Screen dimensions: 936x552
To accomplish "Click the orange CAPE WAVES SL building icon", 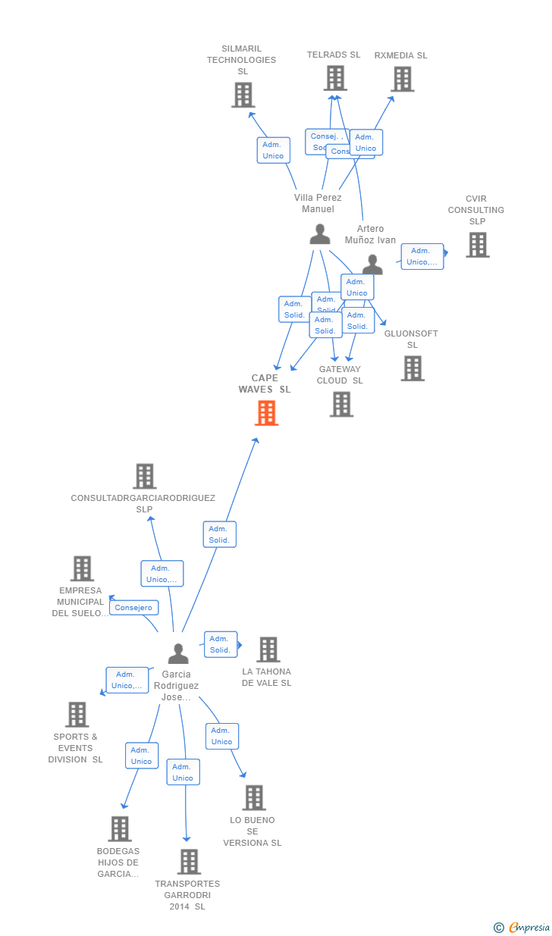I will (x=266, y=413).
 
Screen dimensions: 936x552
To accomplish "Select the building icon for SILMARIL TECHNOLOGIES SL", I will (x=243, y=95).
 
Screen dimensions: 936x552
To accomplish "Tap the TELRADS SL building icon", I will (x=335, y=78).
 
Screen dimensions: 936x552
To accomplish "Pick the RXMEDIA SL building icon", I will (x=402, y=79).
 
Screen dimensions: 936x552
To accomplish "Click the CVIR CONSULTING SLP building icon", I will (x=477, y=245).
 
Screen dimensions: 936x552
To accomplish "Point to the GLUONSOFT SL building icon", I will (x=412, y=368).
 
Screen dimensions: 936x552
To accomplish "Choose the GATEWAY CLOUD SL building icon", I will (x=341, y=404).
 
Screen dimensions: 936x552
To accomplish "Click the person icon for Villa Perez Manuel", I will (x=320, y=234).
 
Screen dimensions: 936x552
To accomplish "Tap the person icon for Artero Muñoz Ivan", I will (x=372, y=265).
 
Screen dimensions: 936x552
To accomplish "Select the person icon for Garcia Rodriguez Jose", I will (x=178, y=653).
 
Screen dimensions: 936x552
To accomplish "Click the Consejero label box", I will (x=134, y=607).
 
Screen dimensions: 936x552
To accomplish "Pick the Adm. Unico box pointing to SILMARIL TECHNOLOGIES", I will (x=273, y=150).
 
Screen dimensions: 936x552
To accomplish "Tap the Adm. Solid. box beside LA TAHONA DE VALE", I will (x=220, y=644).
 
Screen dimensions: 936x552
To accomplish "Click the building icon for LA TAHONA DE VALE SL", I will (x=268, y=650).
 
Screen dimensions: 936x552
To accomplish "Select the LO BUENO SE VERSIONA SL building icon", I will (x=254, y=797).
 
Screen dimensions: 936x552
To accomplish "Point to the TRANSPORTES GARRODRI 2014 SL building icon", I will (x=189, y=862).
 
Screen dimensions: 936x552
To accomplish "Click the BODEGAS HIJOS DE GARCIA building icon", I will (x=120, y=829).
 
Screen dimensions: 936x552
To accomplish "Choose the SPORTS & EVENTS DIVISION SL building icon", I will (x=77, y=715).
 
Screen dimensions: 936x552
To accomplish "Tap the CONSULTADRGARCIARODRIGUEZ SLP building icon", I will (x=144, y=476).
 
